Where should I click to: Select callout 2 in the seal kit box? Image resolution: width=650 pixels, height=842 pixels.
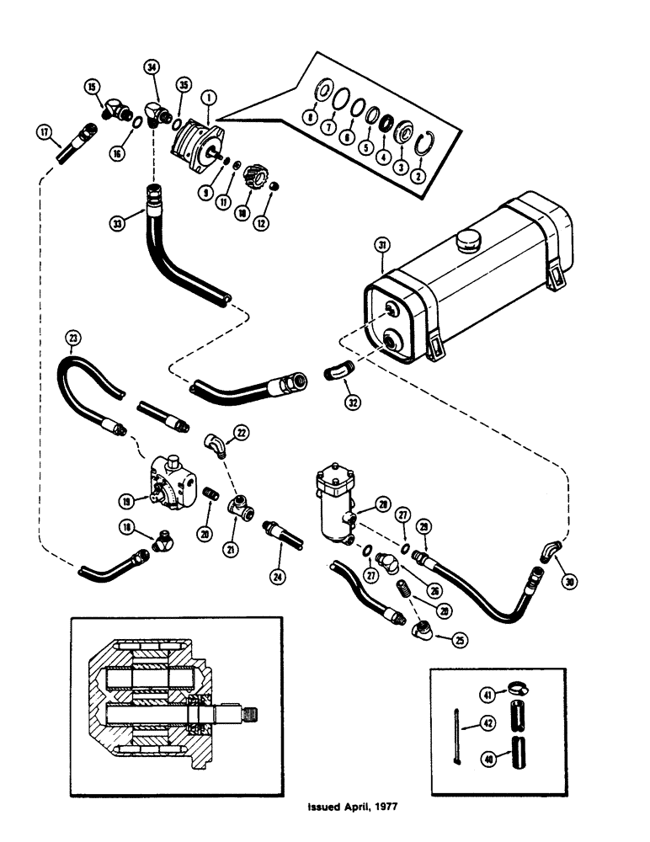pos(415,175)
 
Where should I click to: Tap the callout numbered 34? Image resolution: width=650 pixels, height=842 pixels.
pos(151,67)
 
